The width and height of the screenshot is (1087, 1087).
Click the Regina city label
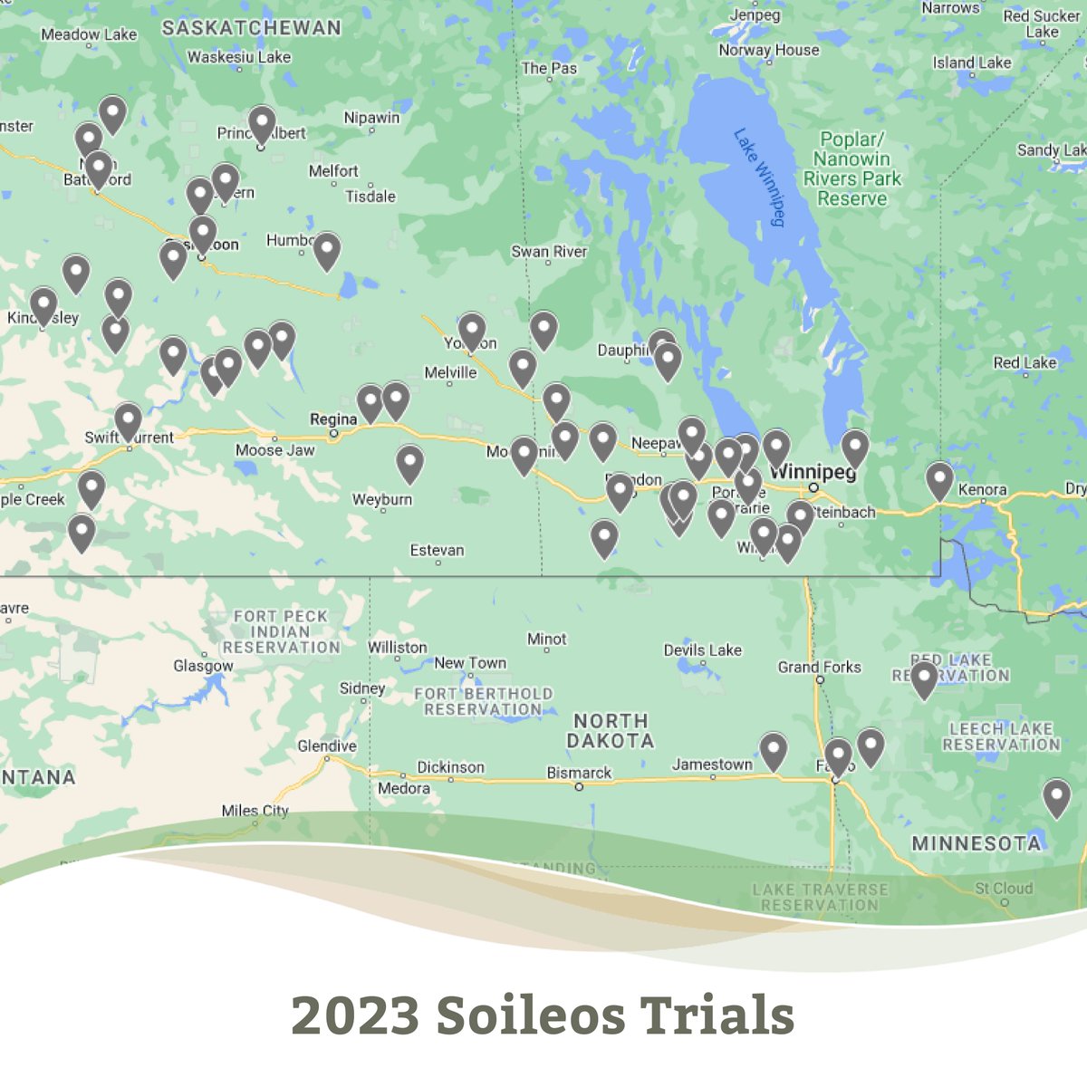point(332,419)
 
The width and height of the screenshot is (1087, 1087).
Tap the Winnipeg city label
point(812,472)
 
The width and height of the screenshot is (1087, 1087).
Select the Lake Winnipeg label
point(758,177)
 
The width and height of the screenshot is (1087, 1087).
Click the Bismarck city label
point(579,773)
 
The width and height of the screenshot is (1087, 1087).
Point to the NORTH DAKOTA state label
point(611,731)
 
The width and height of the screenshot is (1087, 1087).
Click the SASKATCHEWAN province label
point(251,28)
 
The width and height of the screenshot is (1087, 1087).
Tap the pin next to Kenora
point(939,480)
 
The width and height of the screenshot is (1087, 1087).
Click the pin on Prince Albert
point(262,124)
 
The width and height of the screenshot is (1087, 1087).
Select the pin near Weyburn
point(410,463)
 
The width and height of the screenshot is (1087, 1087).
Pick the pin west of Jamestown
point(773,751)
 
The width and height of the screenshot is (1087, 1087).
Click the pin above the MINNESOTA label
point(1056,797)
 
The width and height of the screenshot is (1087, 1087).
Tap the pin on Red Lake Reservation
point(924,679)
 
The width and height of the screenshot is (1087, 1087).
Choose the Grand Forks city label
point(819,667)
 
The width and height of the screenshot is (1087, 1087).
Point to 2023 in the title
point(355,1015)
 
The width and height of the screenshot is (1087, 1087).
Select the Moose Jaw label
point(274,450)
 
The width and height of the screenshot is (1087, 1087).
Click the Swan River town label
point(549,252)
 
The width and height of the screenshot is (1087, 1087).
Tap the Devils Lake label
point(702,649)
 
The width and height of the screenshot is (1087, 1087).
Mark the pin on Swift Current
point(128,421)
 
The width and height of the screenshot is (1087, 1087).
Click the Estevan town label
point(437,550)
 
